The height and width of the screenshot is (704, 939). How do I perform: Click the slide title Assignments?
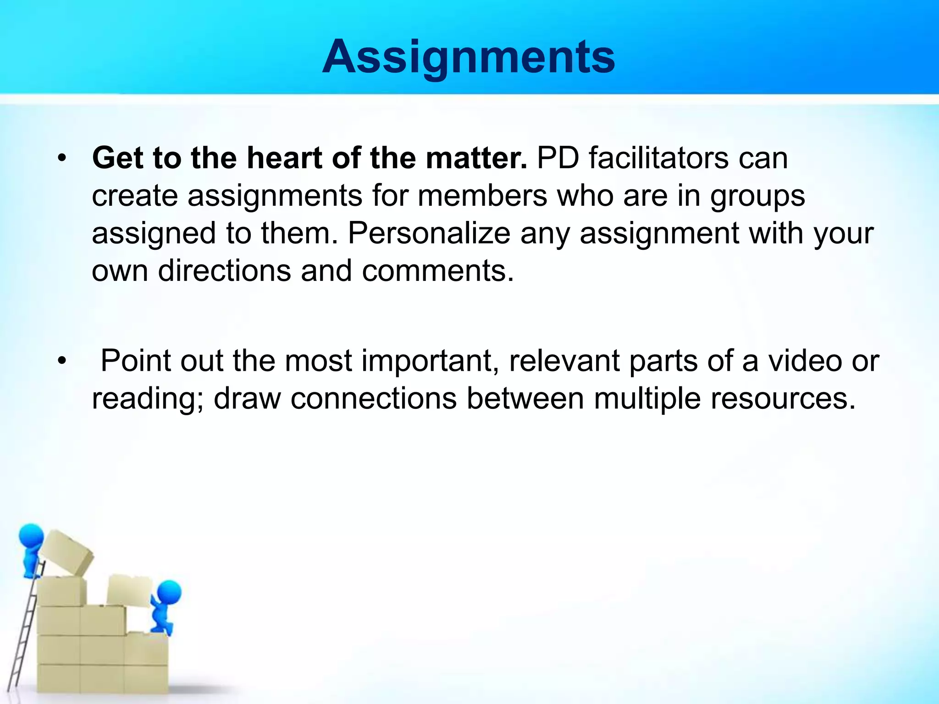coord(469,57)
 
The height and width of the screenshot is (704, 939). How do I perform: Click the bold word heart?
coord(285,158)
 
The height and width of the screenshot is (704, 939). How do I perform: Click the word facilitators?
coord(658,158)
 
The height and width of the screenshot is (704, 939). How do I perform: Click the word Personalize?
coord(429,233)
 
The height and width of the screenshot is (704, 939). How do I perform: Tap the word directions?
coord(225,270)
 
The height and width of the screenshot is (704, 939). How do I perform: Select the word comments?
coord(438,271)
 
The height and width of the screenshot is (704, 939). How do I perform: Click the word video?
coord(805,361)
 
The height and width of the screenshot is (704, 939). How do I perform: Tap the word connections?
coord(374,398)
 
